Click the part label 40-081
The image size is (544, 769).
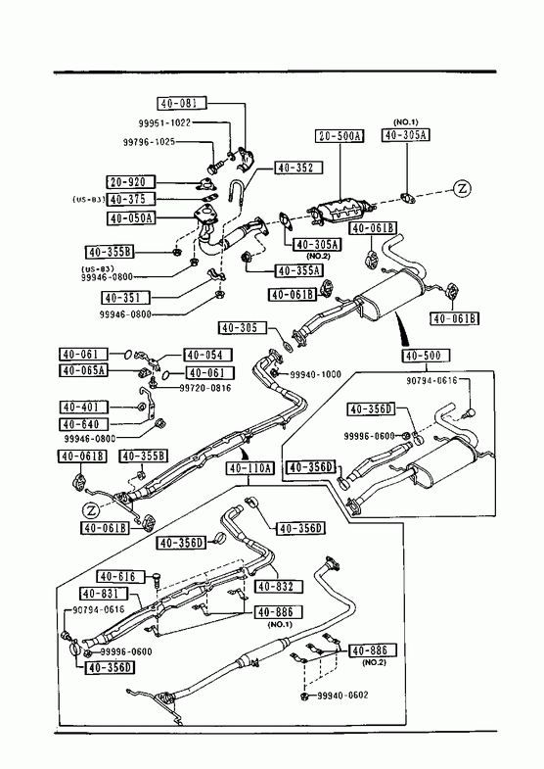tap(182, 104)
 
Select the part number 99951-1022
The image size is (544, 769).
tap(163, 122)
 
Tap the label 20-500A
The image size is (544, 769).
tap(340, 136)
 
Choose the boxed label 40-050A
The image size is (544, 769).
tap(131, 217)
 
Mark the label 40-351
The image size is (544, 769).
tap(126, 297)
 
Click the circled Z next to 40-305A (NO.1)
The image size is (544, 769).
tap(461, 188)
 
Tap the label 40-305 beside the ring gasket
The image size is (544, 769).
tap(243, 327)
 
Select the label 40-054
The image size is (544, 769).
tap(207, 355)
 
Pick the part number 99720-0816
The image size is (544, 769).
tap(205, 388)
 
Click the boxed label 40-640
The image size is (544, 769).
tap(83, 424)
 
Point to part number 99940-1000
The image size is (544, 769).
tap(315, 374)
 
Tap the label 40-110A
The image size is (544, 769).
tap(250, 468)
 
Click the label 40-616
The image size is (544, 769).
tap(121, 576)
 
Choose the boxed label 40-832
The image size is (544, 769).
tap(278, 586)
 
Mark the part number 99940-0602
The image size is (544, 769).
tap(342, 695)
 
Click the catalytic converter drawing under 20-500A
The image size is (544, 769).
tap(340, 212)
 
